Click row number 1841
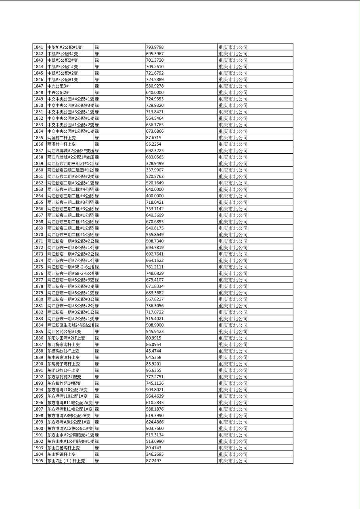(x=38, y=47)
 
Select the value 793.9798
(x=155, y=47)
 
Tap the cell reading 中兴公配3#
(x=58, y=86)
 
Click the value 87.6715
(x=153, y=138)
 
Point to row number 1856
(x=38, y=144)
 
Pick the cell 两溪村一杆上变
(x=61, y=144)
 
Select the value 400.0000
(x=155, y=196)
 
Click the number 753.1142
(x=155, y=209)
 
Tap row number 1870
(x=38, y=234)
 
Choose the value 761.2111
(x=155, y=267)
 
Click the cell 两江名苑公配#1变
(x=64, y=332)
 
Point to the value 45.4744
(x=153, y=351)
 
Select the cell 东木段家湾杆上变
(x=63, y=357)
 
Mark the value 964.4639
(x=155, y=396)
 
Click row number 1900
(x=38, y=428)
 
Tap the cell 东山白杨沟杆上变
(x=63, y=448)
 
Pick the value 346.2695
(x=155, y=454)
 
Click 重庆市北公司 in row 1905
(x=233, y=461)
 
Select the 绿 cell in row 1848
(x=97, y=92)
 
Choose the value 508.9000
(x=155, y=325)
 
